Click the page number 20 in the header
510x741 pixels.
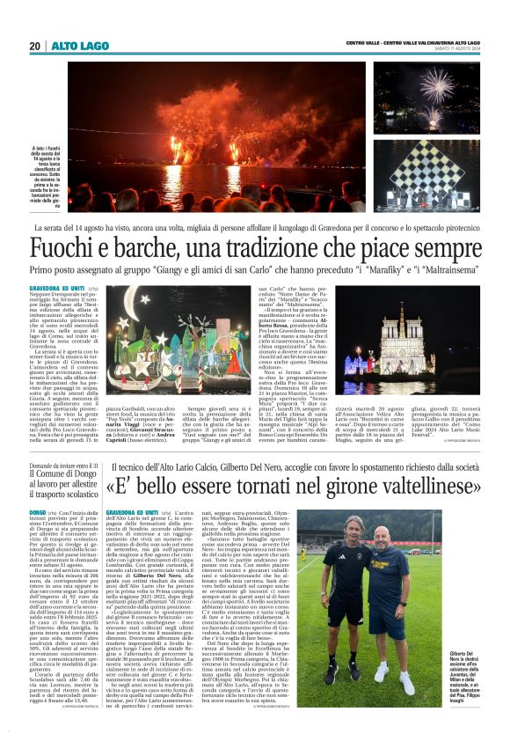click(34, 46)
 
